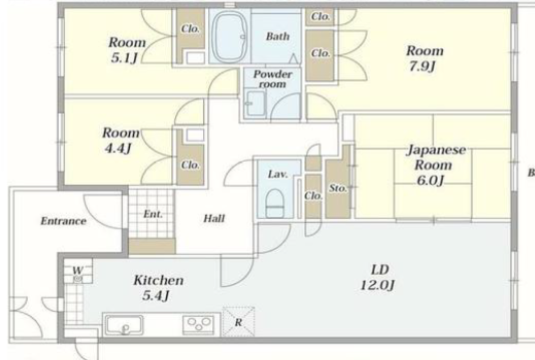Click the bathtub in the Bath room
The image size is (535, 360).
pos(230,36)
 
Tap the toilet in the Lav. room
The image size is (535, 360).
pos(275,203)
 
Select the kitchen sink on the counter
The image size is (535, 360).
pos(124,325)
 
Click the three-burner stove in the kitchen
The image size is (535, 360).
pos(198,325)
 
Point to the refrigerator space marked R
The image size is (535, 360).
pos(239,322)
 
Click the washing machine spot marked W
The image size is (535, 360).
pos(78,271)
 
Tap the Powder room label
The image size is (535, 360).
pos(272,79)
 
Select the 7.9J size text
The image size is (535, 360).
pos(422,66)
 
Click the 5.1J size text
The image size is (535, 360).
pos(124,58)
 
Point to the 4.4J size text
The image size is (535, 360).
pos(118,149)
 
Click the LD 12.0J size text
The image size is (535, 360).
pos(378,277)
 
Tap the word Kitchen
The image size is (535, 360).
pos(159,280)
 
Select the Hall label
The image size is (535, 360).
pos(214,218)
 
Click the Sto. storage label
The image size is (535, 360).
pos(338,188)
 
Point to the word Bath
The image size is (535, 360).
pos(278,36)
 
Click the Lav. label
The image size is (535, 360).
pos(278,174)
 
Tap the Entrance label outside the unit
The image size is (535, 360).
pos(63,221)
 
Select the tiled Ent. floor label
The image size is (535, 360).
pos(153,214)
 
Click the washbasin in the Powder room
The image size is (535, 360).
pos(255,103)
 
